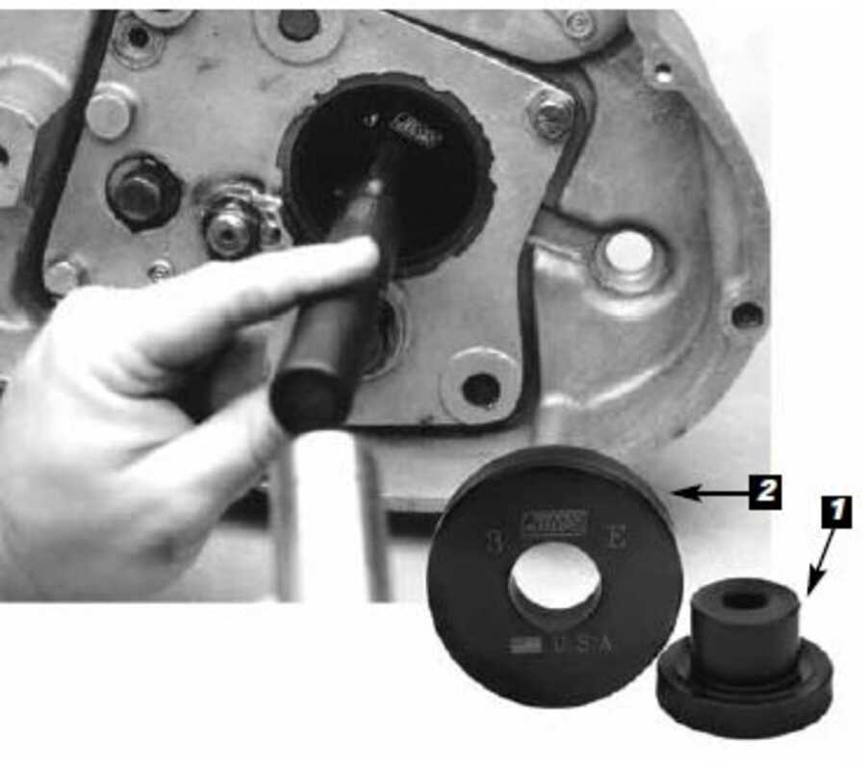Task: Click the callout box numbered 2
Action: (x=764, y=492)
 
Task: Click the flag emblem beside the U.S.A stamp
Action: (x=525, y=644)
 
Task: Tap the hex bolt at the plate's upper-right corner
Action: (x=552, y=115)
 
